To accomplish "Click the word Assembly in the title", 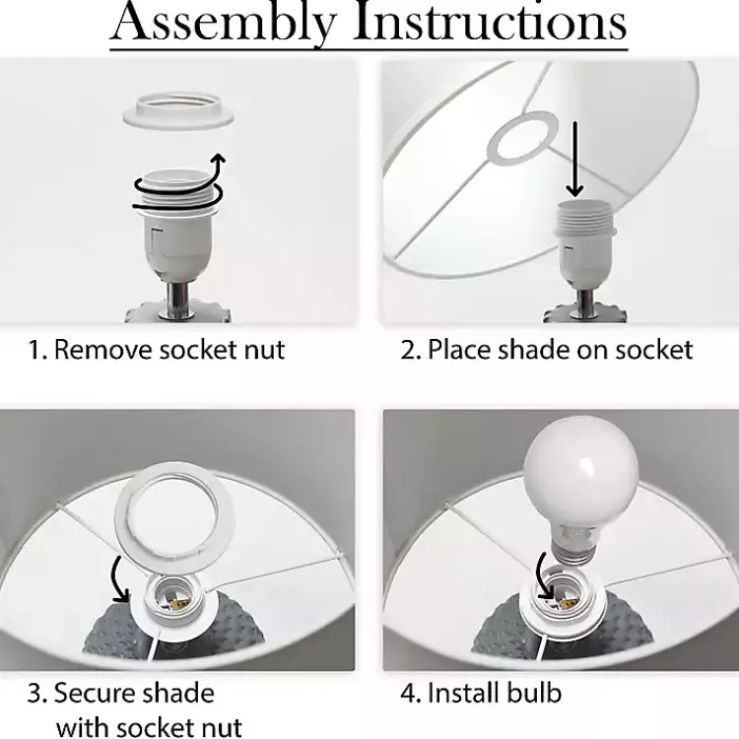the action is pos(225,23).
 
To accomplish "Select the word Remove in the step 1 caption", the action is pos(104,350).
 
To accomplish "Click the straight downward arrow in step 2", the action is pos(574,159).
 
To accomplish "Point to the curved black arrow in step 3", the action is pos(119,579).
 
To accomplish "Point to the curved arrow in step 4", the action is pos(543,576).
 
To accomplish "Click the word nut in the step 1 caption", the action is pos(265,351).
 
